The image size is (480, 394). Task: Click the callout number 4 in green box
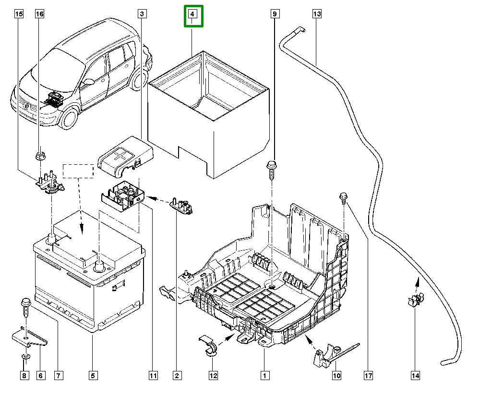[192, 15]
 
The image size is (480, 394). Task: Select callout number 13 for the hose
[316, 14]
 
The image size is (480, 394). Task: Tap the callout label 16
[39, 14]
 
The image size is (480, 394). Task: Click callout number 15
[19, 14]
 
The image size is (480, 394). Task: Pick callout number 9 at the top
[275, 14]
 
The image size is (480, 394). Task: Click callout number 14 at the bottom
[415, 375]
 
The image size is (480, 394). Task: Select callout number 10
[336, 375]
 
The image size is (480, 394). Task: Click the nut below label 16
[39, 155]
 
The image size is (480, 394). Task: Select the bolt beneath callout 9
[271, 170]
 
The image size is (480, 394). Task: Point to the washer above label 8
[25, 356]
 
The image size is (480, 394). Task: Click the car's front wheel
[70, 118]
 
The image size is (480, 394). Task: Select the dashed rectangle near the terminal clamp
[78, 171]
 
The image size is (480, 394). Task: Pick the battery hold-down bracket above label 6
[29, 338]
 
